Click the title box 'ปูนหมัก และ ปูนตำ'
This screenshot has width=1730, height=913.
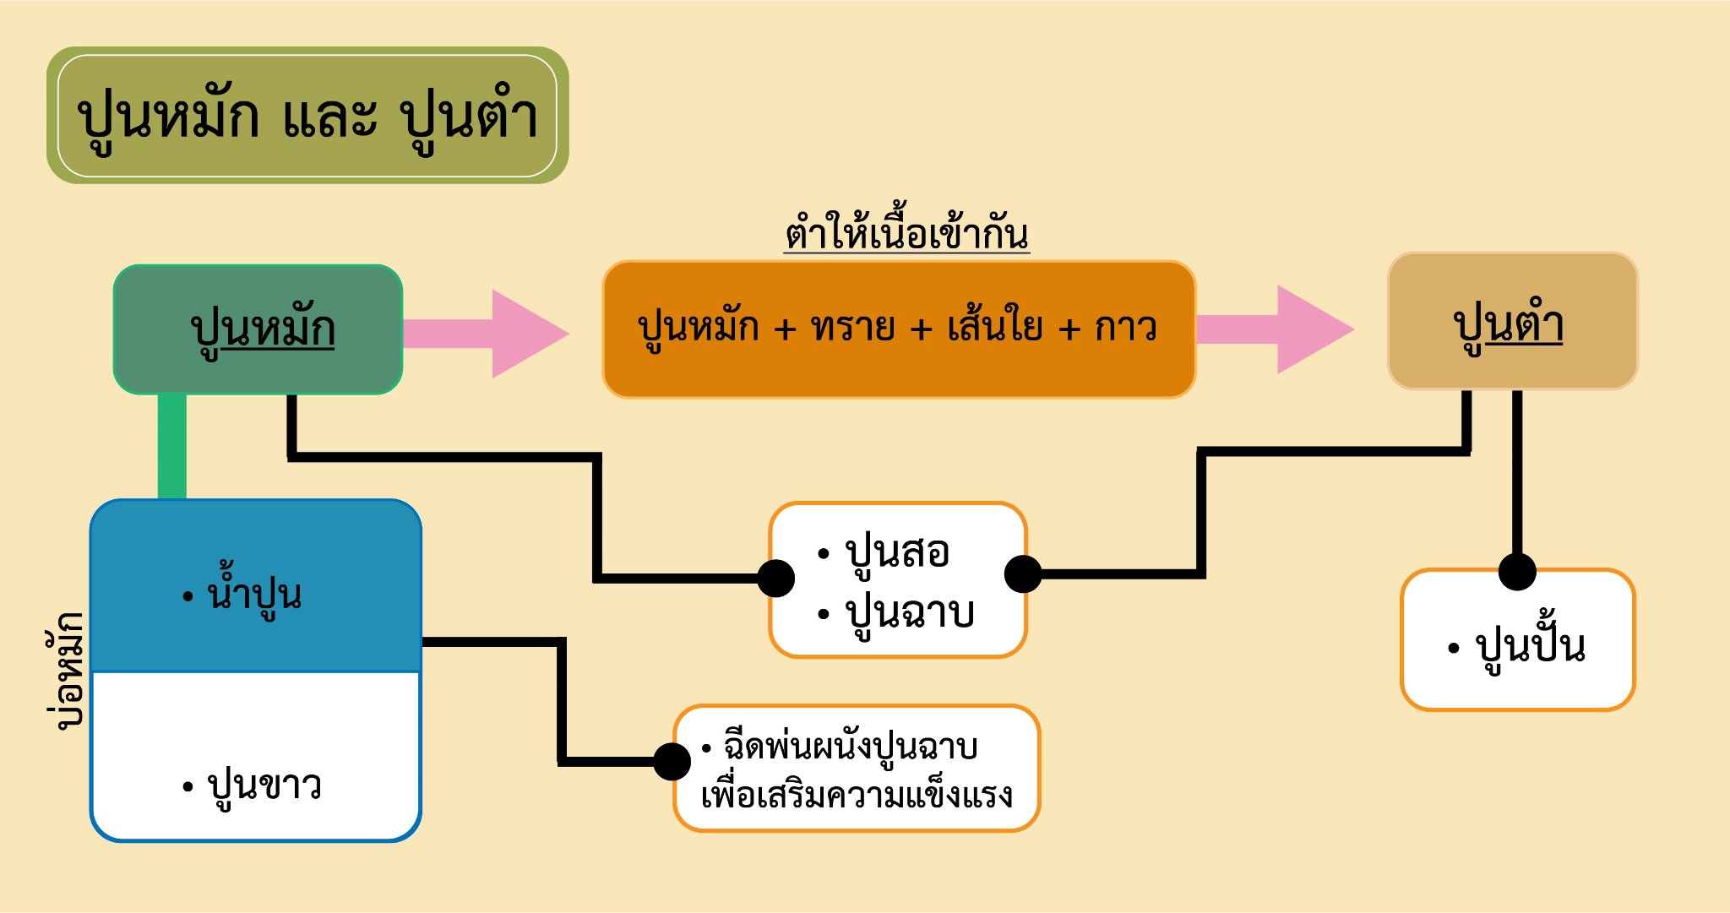click(307, 116)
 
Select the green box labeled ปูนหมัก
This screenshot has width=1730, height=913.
click(258, 329)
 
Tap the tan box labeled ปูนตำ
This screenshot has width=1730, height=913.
click(1512, 322)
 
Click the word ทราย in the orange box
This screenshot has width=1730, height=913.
click(852, 327)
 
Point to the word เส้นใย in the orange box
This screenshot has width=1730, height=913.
click(995, 327)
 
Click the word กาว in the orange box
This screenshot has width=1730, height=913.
click(1125, 327)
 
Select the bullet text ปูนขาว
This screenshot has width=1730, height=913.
click(264, 785)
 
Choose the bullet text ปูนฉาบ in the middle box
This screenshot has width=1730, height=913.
click(909, 612)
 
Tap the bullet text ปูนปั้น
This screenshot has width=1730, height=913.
click(1529, 647)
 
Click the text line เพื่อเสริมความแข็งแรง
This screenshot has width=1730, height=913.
click(857, 795)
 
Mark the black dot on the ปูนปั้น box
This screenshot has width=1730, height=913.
click(1517, 572)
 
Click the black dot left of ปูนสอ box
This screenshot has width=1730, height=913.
click(775, 579)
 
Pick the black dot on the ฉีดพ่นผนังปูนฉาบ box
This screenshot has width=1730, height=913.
click(672, 762)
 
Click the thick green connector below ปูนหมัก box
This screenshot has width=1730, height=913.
click(172, 447)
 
